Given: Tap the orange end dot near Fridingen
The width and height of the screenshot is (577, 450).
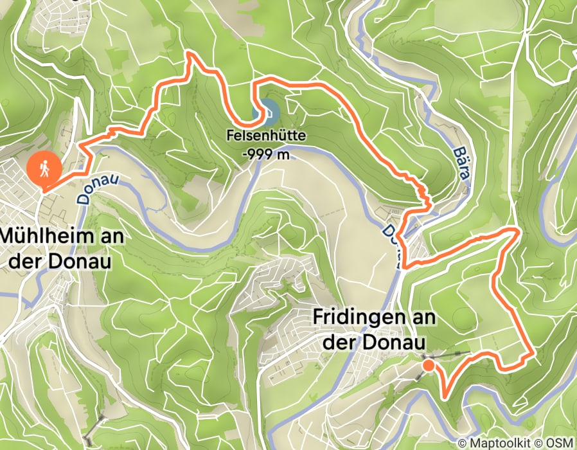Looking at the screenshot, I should click(427, 366).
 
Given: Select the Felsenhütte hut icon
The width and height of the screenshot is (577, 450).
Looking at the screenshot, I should click(269, 112).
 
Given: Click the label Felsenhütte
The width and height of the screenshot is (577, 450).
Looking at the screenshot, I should click(265, 136).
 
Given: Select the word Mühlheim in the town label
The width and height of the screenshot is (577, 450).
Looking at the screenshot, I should click(44, 236).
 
